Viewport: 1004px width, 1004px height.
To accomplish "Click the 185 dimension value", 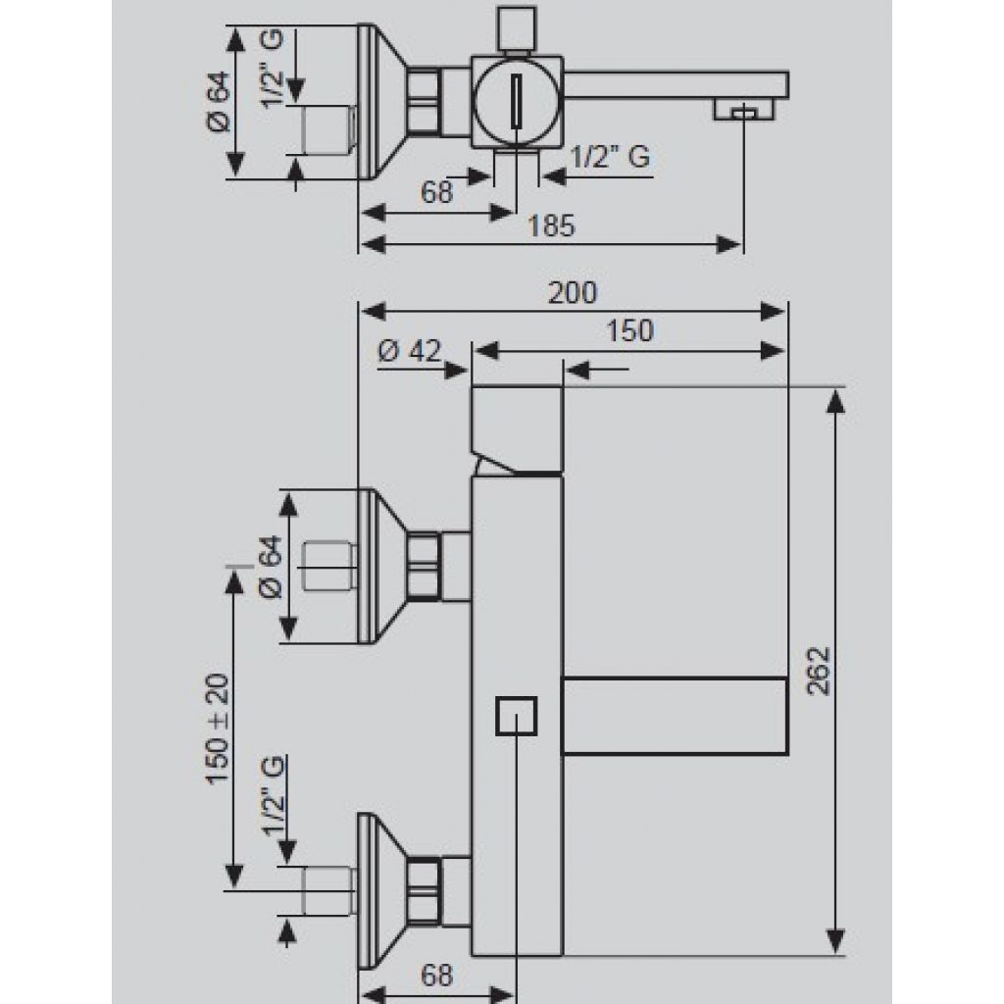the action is [551, 226].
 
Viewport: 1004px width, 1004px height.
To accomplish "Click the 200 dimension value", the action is [573, 292].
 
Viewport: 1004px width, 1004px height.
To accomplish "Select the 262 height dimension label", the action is [819, 671].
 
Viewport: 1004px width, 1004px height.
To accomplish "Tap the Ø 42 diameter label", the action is [409, 351].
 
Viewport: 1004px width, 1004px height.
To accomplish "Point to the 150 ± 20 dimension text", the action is [218, 728].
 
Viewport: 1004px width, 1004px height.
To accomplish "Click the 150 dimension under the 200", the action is [629, 331].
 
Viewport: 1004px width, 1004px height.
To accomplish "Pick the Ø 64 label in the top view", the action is [219, 102].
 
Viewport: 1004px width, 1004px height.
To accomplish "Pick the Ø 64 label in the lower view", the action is [271, 567].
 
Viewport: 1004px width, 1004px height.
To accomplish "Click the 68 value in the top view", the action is [436, 192].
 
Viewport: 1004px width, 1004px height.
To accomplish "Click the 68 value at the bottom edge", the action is [436, 976].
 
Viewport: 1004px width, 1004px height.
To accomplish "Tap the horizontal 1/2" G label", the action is [610, 157].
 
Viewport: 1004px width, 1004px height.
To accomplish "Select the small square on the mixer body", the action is [516, 716].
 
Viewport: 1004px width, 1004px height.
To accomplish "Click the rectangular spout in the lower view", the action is [675, 716].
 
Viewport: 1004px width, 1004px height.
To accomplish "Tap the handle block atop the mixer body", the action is [517, 430].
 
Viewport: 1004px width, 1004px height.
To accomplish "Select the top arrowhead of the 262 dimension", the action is [835, 401].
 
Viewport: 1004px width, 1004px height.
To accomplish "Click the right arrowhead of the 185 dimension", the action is [729, 244].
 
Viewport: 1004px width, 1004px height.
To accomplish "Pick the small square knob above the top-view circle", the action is [516, 28].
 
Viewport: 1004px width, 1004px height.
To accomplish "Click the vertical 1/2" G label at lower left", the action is [274, 796].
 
